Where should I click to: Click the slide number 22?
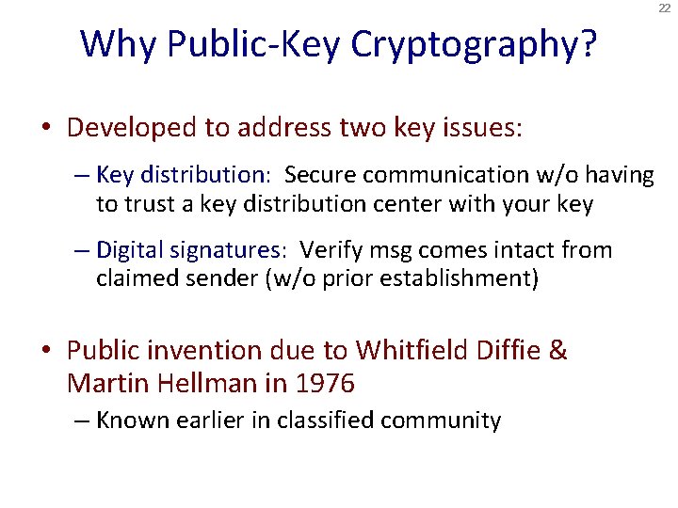[x=665, y=8]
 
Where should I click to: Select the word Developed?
[x=132, y=128]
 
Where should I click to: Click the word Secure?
[x=319, y=175]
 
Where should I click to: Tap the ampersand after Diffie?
[x=557, y=351]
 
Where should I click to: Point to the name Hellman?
[x=206, y=383]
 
